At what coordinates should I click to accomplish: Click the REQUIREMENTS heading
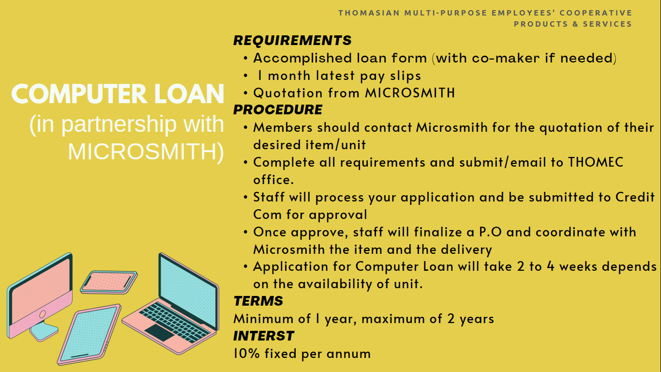[x=292, y=41]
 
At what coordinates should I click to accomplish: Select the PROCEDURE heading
[x=278, y=109]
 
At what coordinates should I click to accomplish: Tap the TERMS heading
[x=258, y=301]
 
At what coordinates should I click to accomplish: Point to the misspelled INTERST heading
[x=264, y=336]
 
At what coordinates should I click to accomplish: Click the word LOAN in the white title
[x=189, y=94]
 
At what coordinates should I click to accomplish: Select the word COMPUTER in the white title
[x=79, y=94]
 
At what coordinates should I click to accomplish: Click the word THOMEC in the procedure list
[x=596, y=162]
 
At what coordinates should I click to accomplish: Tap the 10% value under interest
[x=246, y=354]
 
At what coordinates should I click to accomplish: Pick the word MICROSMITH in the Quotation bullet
[x=409, y=93]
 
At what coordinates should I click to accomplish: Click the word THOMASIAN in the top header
[x=369, y=13]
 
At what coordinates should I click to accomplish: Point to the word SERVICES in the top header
[x=607, y=24]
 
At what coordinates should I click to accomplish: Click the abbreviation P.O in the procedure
[x=490, y=232]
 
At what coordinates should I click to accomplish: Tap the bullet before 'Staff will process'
[x=245, y=197]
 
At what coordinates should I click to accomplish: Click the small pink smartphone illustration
[x=109, y=282]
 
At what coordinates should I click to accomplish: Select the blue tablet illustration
[x=89, y=335]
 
